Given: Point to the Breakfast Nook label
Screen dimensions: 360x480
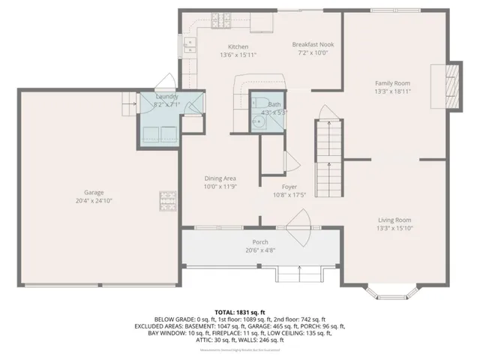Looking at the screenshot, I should [x=313, y=44].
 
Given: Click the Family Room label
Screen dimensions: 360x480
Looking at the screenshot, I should [x=393, y=82].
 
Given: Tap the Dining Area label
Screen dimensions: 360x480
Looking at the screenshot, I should [x=220, y=178].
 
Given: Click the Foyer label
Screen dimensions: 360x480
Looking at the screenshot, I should [x=289, y=187].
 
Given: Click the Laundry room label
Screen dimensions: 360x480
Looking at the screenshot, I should [x=166, y=97].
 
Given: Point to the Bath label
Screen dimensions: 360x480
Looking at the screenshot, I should [x=274, y=104].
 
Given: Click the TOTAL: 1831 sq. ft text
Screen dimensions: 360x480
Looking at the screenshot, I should [x=239, y=311].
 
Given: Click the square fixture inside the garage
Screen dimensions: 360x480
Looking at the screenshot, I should [x=166, y=200].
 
